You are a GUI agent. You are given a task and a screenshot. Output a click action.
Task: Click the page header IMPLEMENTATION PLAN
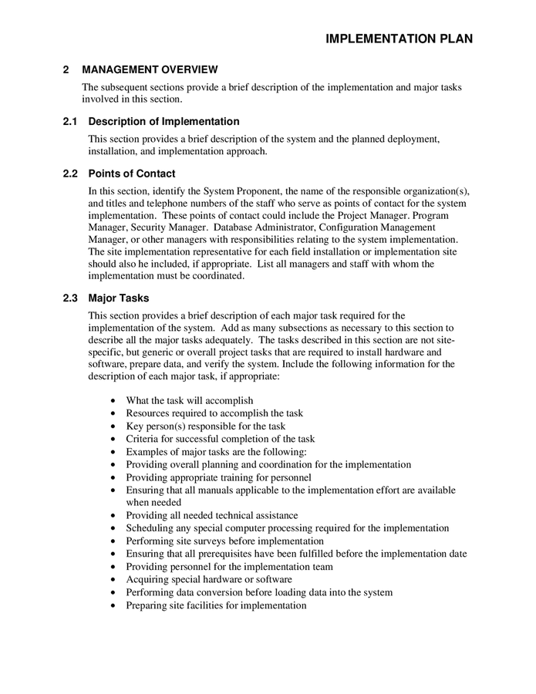(399, 39)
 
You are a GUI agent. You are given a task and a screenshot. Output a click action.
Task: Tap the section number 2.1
(70, 121)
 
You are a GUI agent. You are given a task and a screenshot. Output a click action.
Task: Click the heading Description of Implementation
(163, 121)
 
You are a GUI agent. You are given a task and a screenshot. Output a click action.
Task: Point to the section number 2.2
(70, 173)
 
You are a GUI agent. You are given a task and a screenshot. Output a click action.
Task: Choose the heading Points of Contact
(132, 173)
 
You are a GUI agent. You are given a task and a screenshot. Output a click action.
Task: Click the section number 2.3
(70, 298)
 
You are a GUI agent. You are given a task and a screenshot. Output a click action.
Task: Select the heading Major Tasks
(119, 298)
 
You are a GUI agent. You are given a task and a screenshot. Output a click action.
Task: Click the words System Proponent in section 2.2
(238, 190)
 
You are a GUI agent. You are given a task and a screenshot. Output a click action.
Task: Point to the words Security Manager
(169, 227)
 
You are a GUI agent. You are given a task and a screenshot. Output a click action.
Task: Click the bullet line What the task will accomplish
(190, 401)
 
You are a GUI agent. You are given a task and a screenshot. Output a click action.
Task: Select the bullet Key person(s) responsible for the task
(205, 426)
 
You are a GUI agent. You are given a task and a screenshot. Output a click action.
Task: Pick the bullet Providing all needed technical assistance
(212, 515)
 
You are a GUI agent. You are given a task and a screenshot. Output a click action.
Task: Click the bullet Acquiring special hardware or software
(209, 579)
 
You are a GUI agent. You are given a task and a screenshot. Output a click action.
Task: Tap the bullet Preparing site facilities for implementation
(216, 605)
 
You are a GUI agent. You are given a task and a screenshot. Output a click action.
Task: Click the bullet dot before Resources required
(114, 414)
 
